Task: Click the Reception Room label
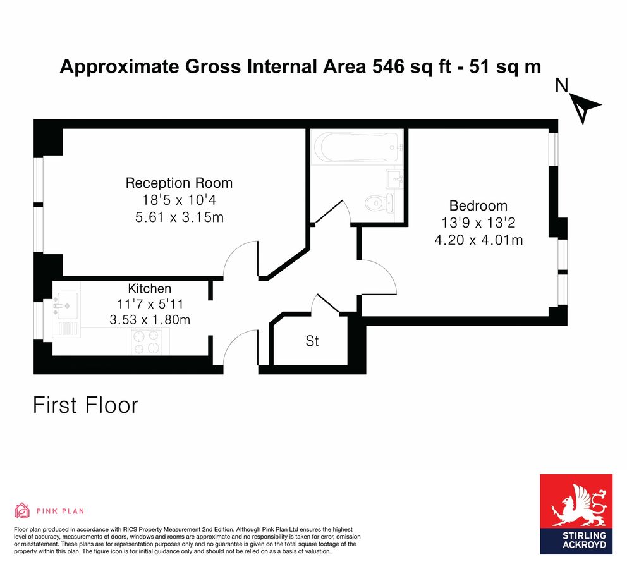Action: [179, 183]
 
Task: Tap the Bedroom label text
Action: [478, 205]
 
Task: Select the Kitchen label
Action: [150, 288]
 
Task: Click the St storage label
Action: [312, 341]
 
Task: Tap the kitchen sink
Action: [66, 302]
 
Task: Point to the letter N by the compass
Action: [560, 86]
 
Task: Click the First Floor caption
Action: [85, 405]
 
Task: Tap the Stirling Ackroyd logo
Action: [576, 514]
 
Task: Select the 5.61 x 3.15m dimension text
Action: [179, 217]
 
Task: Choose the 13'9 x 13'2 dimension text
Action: [478, 223]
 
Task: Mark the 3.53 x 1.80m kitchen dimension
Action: [150, 320]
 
